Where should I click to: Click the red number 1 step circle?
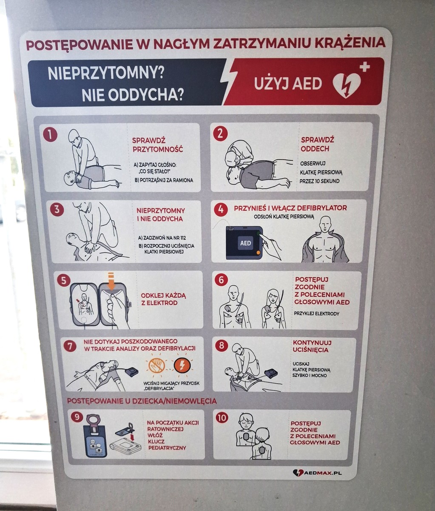click(50, 135)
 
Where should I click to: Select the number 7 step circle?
click(70, 346)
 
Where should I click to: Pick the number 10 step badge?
click(222, 418)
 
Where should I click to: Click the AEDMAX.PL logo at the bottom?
click(317, 473)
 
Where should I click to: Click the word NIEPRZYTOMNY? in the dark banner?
click(105, 73)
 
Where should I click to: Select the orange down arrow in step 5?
click(111, 281)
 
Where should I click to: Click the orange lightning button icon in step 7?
click(182, 365)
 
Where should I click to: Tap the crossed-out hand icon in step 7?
click(157, 365)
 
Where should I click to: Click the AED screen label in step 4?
click(246, 243)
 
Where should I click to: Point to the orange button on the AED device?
click(258, 253)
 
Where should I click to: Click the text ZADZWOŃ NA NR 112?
click(162, 238)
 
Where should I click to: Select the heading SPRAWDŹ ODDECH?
click(317, 144)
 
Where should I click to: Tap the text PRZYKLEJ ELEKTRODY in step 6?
click(316, 313)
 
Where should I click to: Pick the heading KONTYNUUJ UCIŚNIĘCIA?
click(312, 346)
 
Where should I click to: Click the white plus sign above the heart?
click(364, 67)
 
